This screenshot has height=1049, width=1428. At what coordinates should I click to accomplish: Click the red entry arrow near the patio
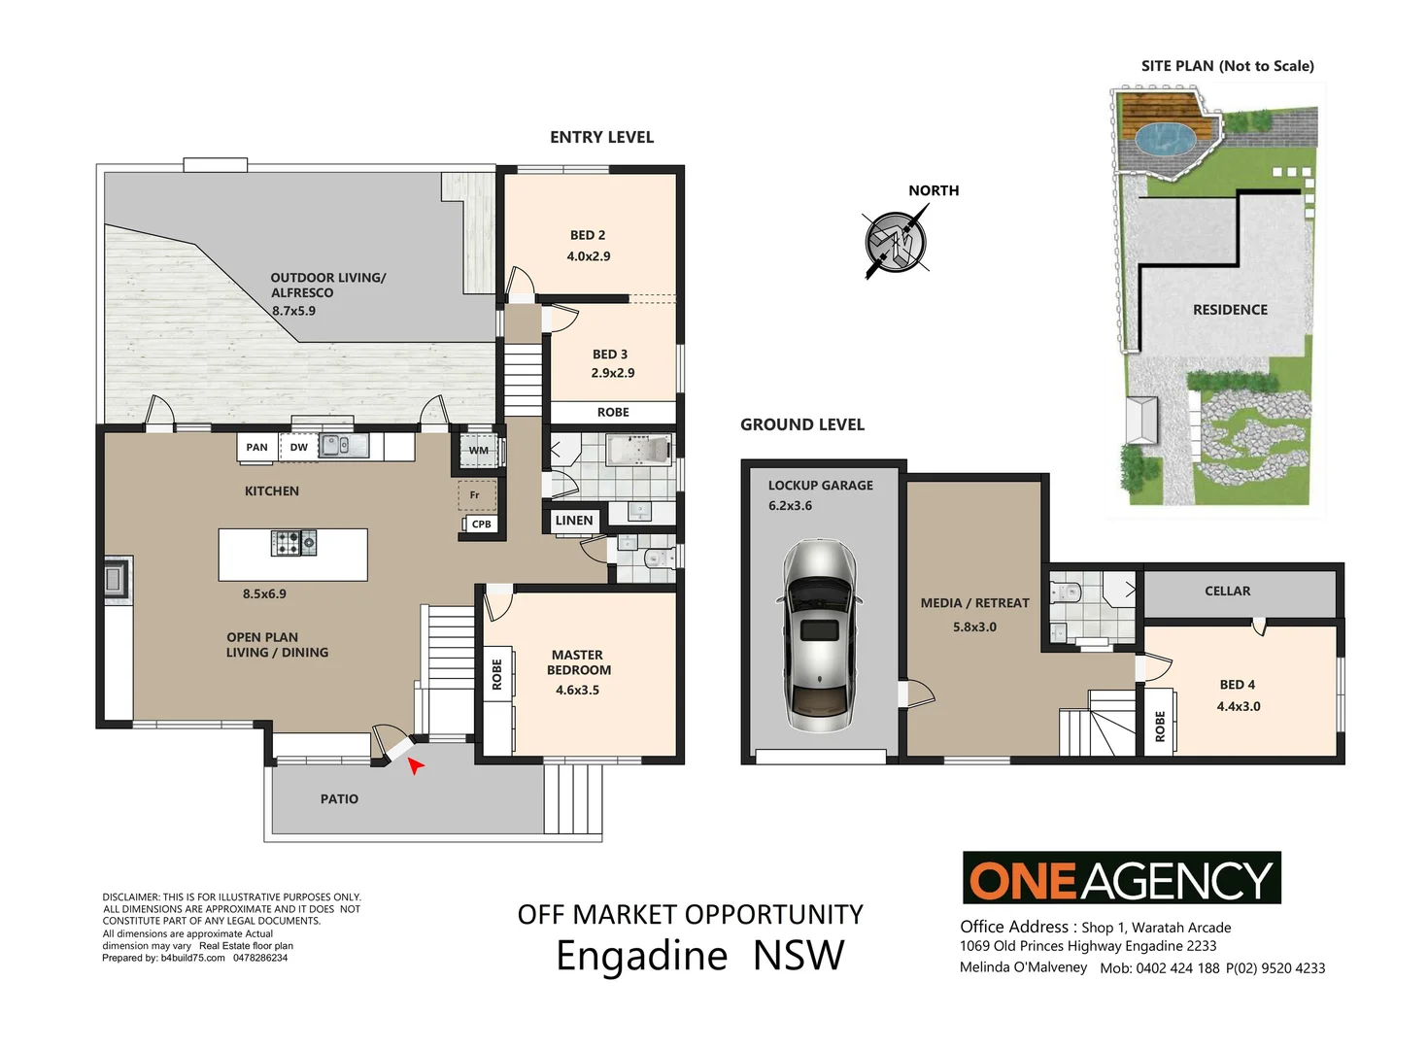pos(416,766)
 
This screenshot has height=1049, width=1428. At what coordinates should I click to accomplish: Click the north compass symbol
pos(896,241)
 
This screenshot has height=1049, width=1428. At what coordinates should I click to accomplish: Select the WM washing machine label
pos(479,450)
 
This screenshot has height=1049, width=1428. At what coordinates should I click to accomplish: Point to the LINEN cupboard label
pos(573,521)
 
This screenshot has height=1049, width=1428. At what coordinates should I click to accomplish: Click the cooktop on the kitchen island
pos(293,542)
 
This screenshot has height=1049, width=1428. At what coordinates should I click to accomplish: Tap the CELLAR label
pos(1227,591)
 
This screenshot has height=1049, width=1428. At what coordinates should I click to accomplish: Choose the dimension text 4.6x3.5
pos(577,691)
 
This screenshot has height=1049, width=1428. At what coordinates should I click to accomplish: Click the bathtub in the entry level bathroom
pos(638,450)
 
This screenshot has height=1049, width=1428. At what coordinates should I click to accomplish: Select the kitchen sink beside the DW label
pos(344,446)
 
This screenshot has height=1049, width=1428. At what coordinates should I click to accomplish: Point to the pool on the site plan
pos(1164,140)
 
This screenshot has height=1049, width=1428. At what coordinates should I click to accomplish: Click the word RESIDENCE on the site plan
pos(1230,310)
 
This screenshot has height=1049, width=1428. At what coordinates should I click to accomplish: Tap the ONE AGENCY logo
pos(1121,878)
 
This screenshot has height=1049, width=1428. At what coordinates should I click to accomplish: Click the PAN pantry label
pos(256,448)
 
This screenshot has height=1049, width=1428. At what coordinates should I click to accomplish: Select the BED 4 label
pos(1237,685)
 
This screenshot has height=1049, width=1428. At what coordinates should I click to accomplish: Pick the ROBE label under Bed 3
pos(613,413)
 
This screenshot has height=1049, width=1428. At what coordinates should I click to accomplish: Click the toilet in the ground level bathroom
pos(1067,592)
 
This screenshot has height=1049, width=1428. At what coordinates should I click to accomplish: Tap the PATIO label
pos(339,799)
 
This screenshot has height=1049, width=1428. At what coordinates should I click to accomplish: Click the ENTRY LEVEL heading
pos(601,137)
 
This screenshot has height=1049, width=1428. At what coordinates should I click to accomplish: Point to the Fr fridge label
pos(475,495)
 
